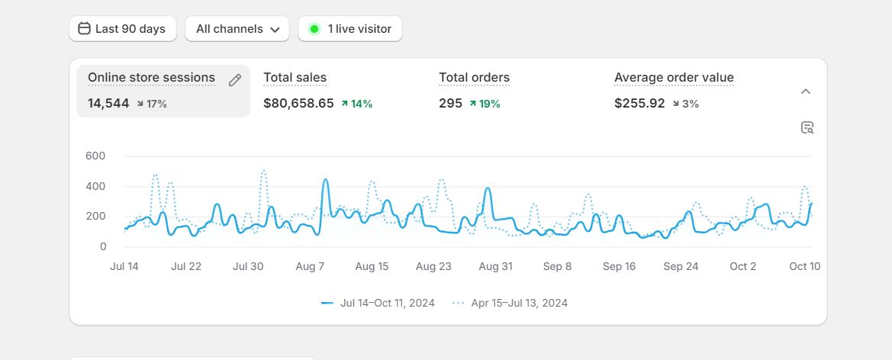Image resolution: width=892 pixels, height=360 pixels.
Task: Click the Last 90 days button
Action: coord(122,29)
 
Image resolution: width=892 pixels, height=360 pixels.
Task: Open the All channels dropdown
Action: coord(237,29)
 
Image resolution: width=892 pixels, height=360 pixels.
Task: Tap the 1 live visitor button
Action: coord(350,29)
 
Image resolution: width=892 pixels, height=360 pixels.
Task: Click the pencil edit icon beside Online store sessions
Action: coord(235,80)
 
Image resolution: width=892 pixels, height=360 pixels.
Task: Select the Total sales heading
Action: coord(295,77)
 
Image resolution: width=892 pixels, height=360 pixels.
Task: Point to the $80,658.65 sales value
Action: coord(298,103)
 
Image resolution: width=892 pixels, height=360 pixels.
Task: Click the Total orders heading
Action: coord(474,77)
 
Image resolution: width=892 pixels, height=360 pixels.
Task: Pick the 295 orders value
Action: coord(450,103)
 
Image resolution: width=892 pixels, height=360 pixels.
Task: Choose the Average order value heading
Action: coord(674,77)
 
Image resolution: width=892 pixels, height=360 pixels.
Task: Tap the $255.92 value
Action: coord(639,103)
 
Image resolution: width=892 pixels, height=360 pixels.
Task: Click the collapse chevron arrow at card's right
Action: coord(806,92)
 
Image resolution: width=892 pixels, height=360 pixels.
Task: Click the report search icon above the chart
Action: coord(807,127)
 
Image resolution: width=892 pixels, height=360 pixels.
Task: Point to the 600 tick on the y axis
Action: coord(95,156)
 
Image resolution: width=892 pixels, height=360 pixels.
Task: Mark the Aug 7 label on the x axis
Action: coord(310,266)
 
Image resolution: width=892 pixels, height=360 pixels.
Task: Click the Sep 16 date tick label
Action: coord(619,266)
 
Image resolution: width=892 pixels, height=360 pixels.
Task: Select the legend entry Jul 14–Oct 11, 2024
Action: coord(378,303)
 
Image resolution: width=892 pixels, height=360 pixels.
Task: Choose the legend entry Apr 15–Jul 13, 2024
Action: coord(510,303)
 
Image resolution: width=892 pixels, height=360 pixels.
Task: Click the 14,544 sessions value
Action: coord(108,103)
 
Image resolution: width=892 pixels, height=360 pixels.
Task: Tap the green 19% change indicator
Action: coord(485,104)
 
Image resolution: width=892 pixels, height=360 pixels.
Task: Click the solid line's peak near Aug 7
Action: coord(325,180)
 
